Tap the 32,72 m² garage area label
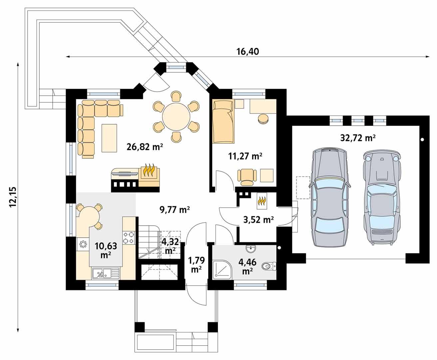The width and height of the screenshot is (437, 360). tap(358, 138)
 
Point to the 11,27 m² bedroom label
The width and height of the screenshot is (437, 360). tap(245, 156)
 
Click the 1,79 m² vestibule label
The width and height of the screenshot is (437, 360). tap(196, 264)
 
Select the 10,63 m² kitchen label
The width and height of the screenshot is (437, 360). tap(106, 250)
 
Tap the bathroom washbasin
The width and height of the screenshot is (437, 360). tap(250, 249)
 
